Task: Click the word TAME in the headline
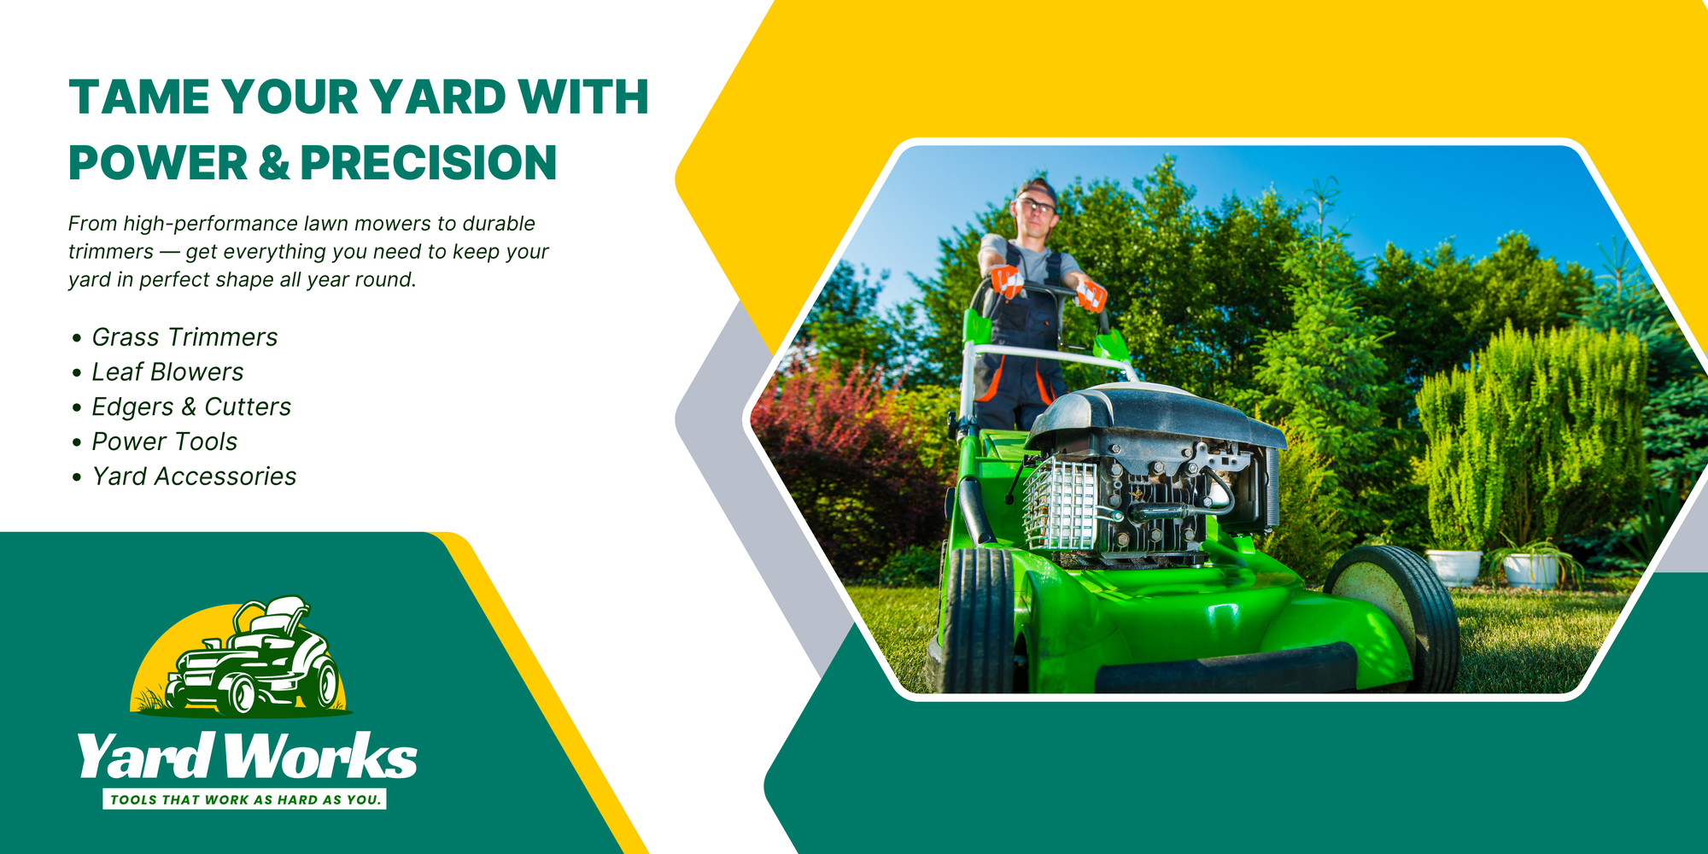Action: pos(139,97)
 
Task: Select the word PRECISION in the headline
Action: pos(428,162)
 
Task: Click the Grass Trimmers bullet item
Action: pos(184,337)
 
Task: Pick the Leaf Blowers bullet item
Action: pos(167,372)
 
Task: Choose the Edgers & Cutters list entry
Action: pos(191,407)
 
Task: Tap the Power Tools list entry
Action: pos(164,442)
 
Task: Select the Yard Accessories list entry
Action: pos(194,477)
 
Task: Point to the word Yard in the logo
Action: pos(144,756)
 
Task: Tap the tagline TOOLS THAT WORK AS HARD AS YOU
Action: pos(245,800)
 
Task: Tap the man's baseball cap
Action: pos(1038,189)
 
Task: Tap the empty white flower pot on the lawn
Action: pos(1453,567)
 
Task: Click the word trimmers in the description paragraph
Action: pos(111,252)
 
